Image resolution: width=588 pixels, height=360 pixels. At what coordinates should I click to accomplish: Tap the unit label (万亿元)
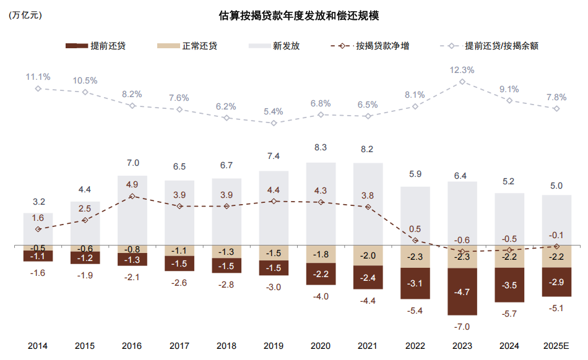pos(25,16)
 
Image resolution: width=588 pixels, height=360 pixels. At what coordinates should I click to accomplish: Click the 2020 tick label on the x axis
pos(321,346)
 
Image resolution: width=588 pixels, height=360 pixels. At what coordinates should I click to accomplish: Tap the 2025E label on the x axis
pos(556,346)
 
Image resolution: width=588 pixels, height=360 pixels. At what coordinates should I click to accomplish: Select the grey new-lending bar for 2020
pos(321,204)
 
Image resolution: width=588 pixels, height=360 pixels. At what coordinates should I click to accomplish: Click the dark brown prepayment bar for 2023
pos(462,291)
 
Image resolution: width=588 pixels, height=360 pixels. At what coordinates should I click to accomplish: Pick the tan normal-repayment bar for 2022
pos(415,257)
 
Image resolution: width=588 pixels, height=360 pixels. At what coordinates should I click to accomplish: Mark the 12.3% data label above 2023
pos(462,70)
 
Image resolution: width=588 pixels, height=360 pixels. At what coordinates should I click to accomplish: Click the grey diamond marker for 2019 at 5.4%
pos(274,122)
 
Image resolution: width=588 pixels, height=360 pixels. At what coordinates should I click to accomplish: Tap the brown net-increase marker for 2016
pos(132,196)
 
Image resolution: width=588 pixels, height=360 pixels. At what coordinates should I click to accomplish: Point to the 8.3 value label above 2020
pos(321,148)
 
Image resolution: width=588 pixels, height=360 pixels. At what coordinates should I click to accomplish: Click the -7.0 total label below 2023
pos(462,326)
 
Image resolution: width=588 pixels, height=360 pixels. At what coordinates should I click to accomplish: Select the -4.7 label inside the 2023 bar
pos(462,291)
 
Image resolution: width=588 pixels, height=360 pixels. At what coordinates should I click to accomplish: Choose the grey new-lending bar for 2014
pos(38,229)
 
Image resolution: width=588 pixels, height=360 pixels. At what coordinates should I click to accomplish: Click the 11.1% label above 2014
pos(38,77)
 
